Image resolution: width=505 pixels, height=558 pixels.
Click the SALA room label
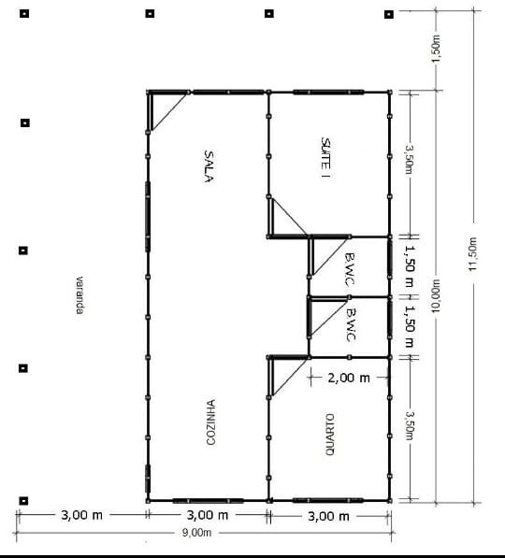click(210, 165)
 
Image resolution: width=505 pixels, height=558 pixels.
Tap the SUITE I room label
click(325, 157)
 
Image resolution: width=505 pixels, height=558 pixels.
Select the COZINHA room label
click(212, 422)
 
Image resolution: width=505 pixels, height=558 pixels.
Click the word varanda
click(80, 294)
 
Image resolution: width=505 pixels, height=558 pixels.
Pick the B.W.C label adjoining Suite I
click(348, 269)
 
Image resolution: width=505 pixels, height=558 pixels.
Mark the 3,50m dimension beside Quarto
click(409, 428)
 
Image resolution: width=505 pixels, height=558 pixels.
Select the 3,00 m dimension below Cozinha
click(208, 515)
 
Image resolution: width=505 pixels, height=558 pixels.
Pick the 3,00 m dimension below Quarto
click(328, 516)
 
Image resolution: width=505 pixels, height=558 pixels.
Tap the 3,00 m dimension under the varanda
click(81, 515)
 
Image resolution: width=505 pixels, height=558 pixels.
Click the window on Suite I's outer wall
click(328, 92)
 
